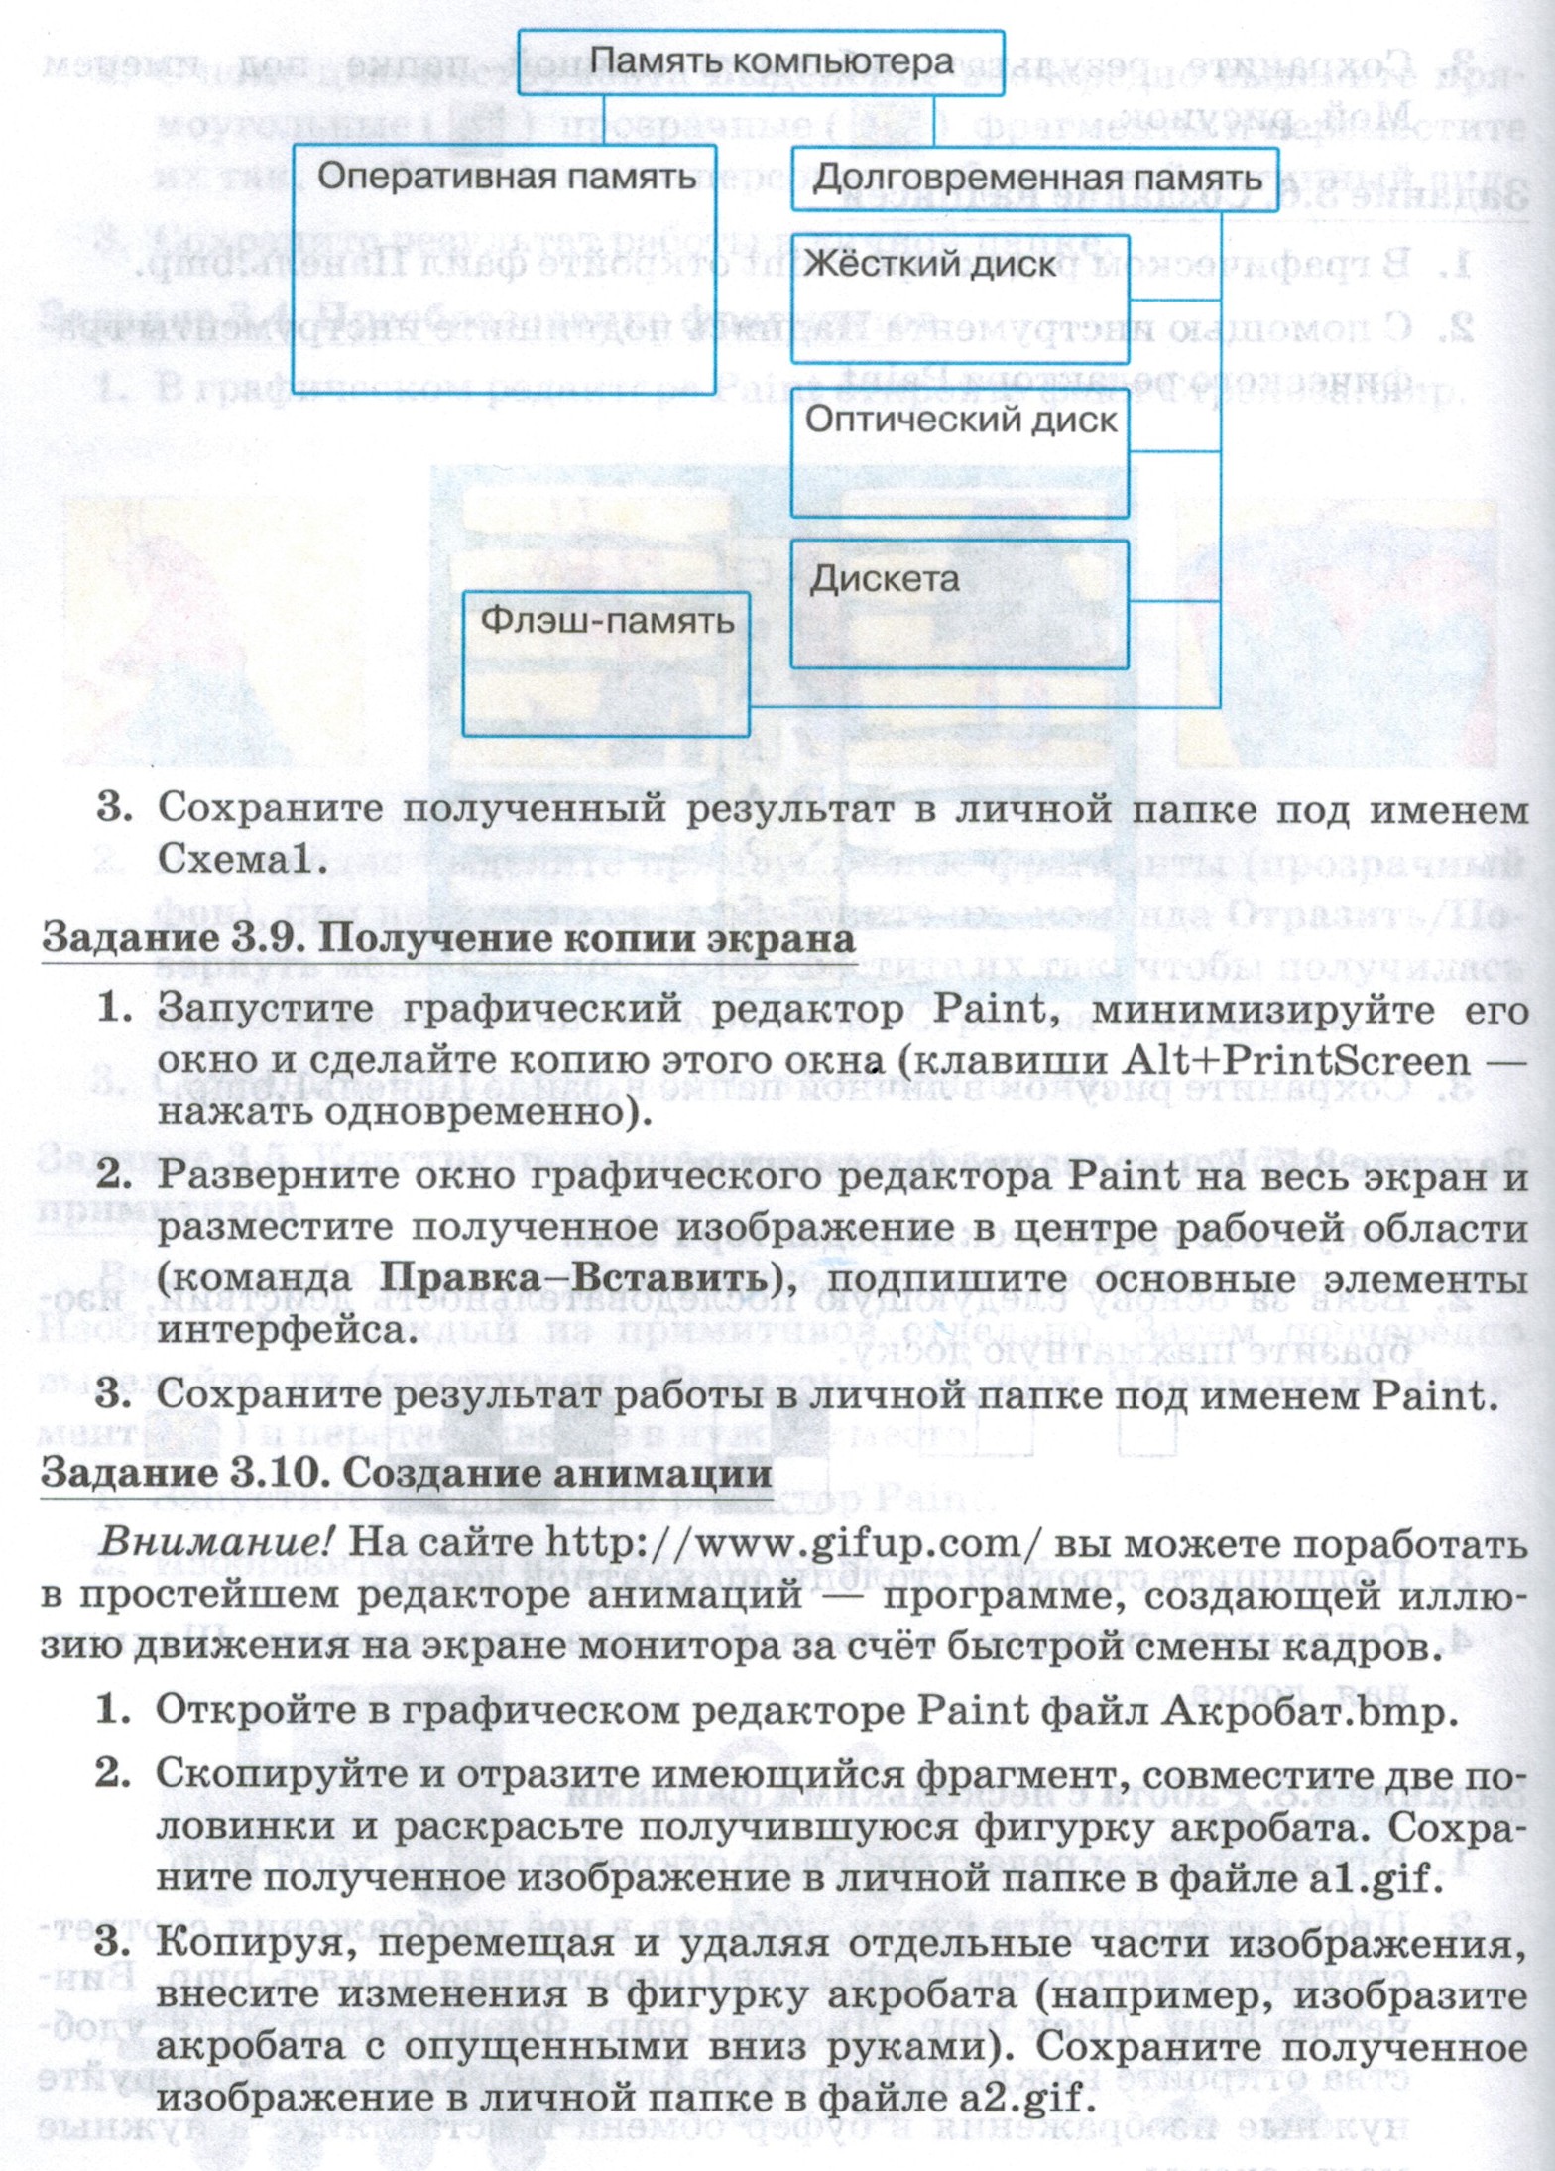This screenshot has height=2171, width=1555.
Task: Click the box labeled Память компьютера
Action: tap(761, 62)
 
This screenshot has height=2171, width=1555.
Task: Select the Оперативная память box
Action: tap(504, 269)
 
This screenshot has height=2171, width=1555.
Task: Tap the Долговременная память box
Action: tap(1034, 180)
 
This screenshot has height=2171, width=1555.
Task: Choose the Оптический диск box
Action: tap(959, 452)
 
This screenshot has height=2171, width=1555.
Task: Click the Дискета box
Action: tap(959, 603)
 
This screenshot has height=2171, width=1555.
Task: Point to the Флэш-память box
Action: tap(606, 663)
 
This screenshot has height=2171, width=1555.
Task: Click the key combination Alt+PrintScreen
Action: tap(1295, 1060)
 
